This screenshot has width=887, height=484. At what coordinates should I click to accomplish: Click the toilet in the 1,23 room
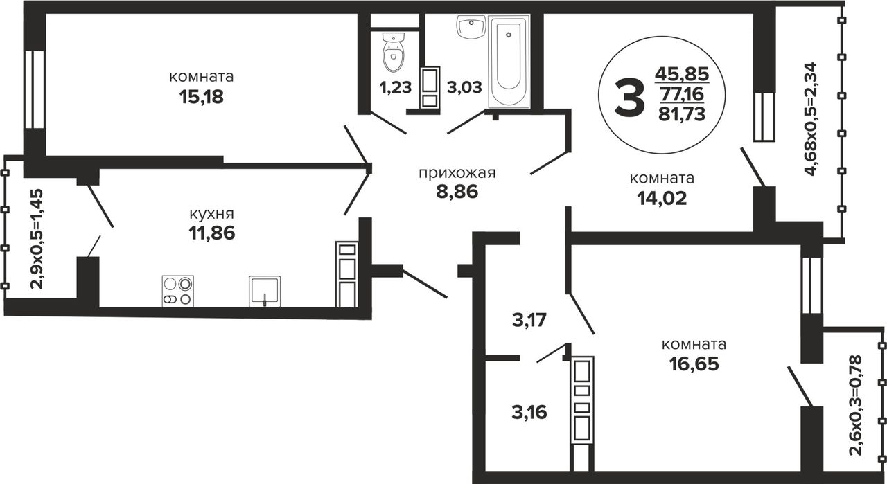(x=394, y=52)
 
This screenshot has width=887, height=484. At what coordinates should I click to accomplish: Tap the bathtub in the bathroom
(x=509, y=61)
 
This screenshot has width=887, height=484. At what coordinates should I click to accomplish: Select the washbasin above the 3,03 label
(x=471, y=27)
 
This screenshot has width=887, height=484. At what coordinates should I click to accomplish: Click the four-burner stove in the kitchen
(x=178, y=292)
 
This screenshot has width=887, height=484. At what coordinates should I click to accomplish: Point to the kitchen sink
(x=265, y=292)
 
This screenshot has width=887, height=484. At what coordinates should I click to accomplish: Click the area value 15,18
(x=201, y=96)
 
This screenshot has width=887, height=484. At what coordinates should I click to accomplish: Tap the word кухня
(x=212, y=214)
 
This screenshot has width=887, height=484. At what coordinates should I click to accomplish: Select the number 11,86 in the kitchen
(x=212, y=233)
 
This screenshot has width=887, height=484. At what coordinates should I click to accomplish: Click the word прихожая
(x=457, y=173)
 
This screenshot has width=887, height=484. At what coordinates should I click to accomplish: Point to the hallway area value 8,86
(x=457, y=192)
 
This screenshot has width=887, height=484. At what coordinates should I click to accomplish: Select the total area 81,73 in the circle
(x=682, y=114)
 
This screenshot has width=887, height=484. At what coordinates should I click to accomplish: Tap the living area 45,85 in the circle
(x=682, y=73)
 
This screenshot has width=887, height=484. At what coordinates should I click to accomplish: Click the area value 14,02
(x=662, y=198)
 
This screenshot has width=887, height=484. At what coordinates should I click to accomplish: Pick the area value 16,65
(x=694, y=364)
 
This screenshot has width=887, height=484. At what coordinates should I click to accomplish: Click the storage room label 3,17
(x=529, y=320)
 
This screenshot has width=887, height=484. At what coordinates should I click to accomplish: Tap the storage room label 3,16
(x=529, y=413)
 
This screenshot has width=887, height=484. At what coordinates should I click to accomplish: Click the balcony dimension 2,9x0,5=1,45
(x=37, y=239)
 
